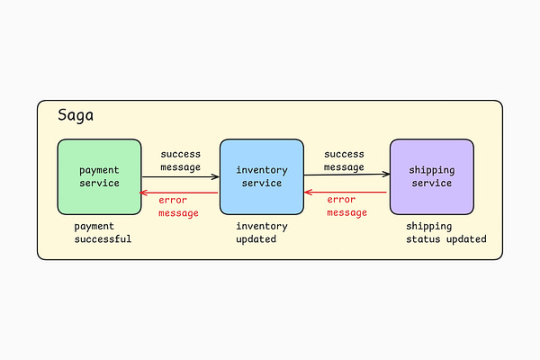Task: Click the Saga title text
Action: [x=76, y=115]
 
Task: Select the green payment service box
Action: [x=99, y=176]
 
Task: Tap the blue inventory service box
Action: [x=261, y=176]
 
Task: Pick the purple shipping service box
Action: [x=432, y=176]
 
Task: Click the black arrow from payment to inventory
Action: [x=180, y=177]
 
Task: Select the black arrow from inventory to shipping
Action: [x=346, y=175]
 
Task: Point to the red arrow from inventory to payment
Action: [x=180, y=193]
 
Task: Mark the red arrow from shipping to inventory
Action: [x=346, y=193]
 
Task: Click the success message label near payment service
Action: [x=180, y=160]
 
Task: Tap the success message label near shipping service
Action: [x=344, y=160]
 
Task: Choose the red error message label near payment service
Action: [x=178, y=207]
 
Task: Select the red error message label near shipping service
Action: [x=346, y=206]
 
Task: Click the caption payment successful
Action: [x=103, y=233]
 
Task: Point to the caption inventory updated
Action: [x=262, y=233]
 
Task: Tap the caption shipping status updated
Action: [x=445, y=233]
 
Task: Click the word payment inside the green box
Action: [x=99, y=170]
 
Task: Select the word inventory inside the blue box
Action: [x=262, y=170]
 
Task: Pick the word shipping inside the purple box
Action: [x=432, y=170]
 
